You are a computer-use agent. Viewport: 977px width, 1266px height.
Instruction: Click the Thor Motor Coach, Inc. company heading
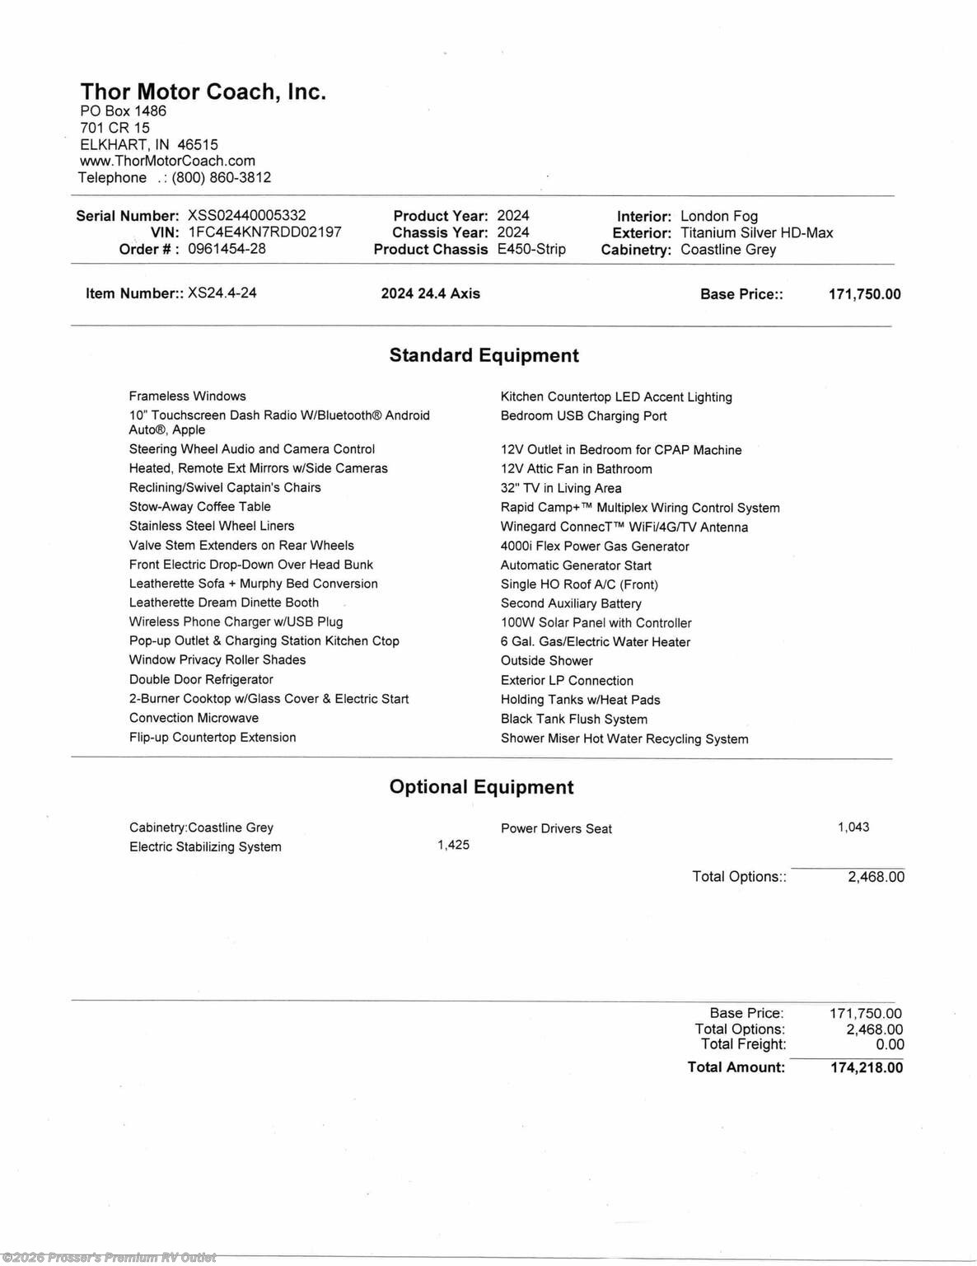coord(203,91)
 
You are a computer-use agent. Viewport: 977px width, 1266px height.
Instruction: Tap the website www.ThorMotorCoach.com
coord(167,161)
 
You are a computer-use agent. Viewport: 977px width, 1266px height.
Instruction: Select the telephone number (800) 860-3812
coord(221,177)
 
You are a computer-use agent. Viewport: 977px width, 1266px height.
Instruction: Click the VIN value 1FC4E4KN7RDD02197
coord(264,232)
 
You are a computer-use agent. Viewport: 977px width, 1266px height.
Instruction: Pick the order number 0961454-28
coord(227,249)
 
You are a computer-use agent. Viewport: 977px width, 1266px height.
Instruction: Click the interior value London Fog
coord(719,216)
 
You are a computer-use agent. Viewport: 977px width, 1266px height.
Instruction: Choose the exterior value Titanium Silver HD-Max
coord(756,232)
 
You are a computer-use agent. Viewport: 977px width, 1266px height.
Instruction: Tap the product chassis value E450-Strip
coord(531,249)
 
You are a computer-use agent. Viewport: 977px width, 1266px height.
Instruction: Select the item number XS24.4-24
coord(222,293)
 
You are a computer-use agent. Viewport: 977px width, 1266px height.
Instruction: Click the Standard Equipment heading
coord(484,355)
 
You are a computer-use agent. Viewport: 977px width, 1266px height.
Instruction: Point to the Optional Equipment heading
coord(481,787)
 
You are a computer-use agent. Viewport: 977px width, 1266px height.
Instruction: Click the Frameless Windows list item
coord(187,396)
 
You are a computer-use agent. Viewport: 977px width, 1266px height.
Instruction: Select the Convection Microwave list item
coord(194,718)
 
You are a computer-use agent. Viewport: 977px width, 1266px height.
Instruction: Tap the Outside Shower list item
coord(546,661)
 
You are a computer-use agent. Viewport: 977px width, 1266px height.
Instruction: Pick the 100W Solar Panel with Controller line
coord(596,623)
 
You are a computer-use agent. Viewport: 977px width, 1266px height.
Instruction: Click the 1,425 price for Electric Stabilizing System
coord(453,845)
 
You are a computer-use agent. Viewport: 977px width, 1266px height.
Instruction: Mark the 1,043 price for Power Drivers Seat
coord(853,827)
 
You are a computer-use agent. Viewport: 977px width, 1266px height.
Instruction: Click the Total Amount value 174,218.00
coord(867,1067)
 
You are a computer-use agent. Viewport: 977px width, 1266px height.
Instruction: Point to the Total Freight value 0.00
coord(890,1044)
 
